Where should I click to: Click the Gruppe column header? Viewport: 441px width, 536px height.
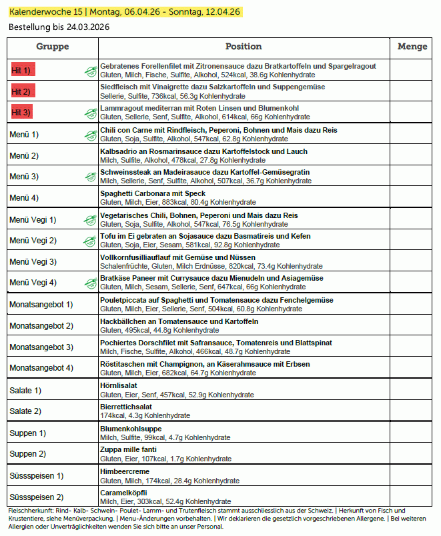pyautogui.click(x=52, y=47)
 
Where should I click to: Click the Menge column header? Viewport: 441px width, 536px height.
pyautogui.click(x=412, y=47)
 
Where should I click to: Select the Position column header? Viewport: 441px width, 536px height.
pyautogui.click(x=244, y=47)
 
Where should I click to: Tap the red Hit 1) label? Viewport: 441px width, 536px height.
pyautogui.click(x=22, y=70)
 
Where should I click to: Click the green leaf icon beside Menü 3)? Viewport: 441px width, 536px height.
pyautogui.click(x=90, y=177)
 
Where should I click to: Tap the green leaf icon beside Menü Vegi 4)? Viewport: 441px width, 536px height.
pyautogui.click(x=90, y=283)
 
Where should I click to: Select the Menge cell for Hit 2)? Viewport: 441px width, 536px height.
pyautogui.click(x=412, y=91)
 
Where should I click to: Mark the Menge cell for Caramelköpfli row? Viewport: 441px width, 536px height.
pyautogui.click(x=412, y=497)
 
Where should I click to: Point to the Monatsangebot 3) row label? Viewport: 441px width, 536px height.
pyautogui.click(x=41, y=347)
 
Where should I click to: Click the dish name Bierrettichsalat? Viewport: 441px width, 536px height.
pyautogui.click(x=126, y=407)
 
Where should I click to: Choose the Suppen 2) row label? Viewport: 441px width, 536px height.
pyautogui.click(x=28, y=454)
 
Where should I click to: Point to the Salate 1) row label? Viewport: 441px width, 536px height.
pyautogui.click(x=25, y=390)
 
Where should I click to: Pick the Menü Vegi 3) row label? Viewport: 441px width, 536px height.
pyautogui.click(x=33, y=261)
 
